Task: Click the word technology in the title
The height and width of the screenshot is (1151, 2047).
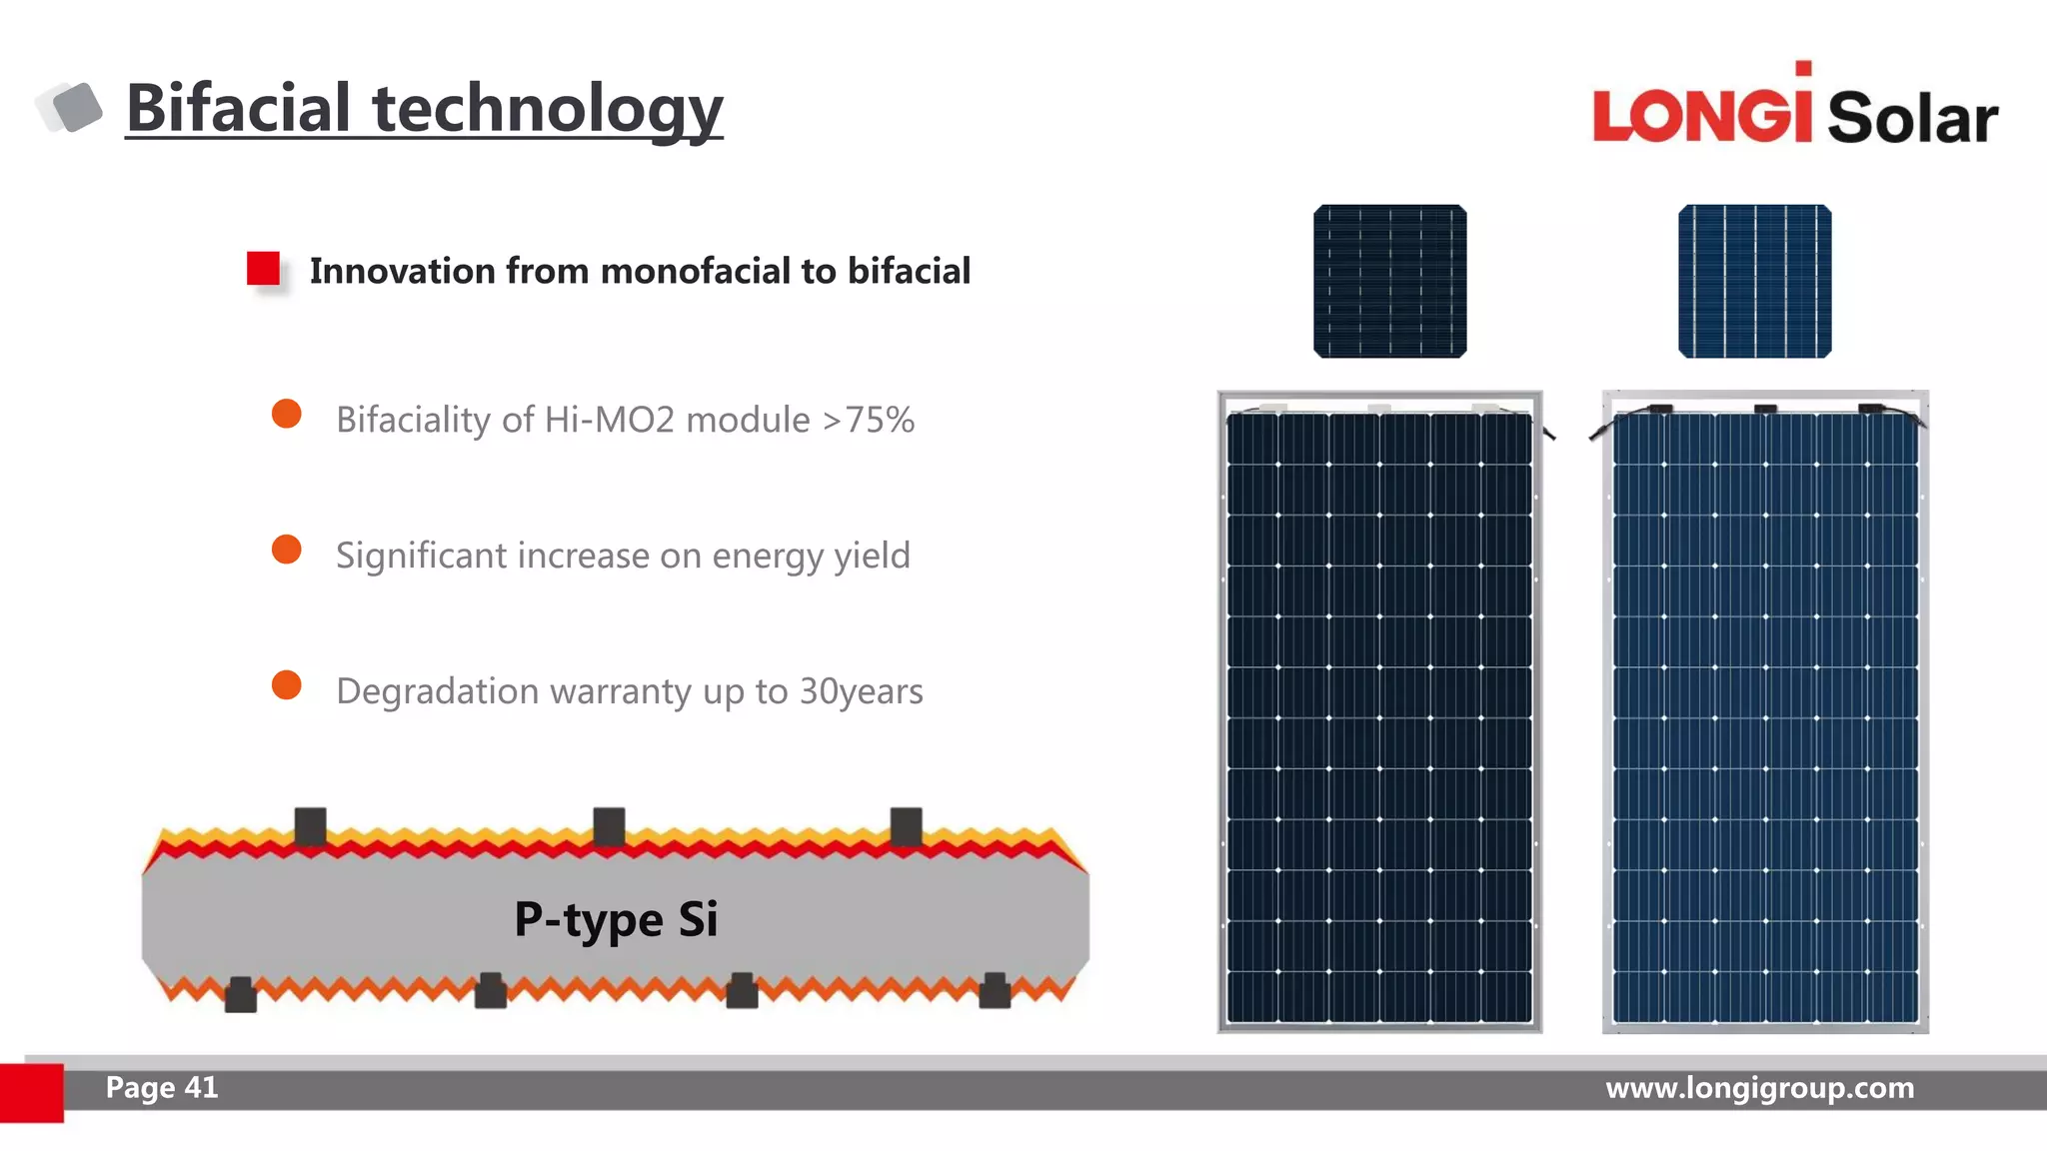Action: tap(547, 110)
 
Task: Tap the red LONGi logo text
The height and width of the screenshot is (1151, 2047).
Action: tap(1701, 113)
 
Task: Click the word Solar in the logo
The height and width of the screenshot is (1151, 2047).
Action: tap(1912, 118)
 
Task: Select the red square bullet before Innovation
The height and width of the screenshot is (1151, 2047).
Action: tap(264, 269)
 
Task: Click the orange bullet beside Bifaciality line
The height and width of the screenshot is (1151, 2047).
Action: tap(287, 414)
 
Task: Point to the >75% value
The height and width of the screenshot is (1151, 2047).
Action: tap(868, 420)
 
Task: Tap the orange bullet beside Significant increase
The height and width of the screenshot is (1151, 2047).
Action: tap(287, 550)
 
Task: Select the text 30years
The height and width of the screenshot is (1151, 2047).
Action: tap(861, 691)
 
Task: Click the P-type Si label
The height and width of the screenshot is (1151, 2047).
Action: tap(616, 919)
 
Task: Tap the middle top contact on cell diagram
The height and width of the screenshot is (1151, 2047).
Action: tap(609, 826)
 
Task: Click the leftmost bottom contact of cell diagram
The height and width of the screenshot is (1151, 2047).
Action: tap(240, 994)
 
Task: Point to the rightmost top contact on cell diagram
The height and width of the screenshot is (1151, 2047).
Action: tap(906, 826)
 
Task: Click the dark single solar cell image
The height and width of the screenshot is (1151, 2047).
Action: tap(1389, 281)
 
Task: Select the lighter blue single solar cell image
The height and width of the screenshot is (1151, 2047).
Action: tap(1754, 281)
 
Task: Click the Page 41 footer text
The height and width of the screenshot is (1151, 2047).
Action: tap(162, 1087)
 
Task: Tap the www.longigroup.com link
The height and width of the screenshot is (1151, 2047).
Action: tap(1759, 1087)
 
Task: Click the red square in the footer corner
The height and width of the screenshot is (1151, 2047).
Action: tap(31, 1092)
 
